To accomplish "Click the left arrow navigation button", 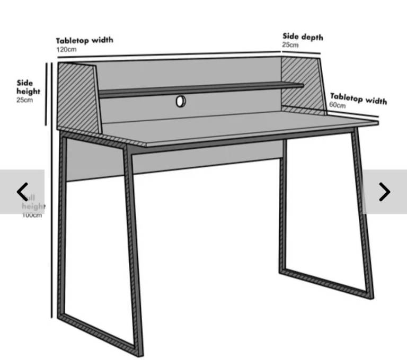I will click(x=22, y=192).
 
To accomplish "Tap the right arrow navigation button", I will click(x=385, y=192).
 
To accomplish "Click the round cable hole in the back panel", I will click(x=181, y=101).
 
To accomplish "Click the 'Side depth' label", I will click(x=302, y=37).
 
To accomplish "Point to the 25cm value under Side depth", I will click(x=290, y=45).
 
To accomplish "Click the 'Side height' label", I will click(x=28, y=87).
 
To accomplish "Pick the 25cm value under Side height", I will click(x=24, y=100).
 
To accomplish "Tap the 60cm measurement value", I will click(x=337, y=105).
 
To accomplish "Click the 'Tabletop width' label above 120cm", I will click(x=84, y=40).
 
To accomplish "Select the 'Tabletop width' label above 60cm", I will click(x=358, y=98).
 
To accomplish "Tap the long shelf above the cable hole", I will click(x=201, y=89).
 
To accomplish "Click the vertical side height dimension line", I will click(x=47, y=94).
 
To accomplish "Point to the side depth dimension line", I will click(x=300, y=51).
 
